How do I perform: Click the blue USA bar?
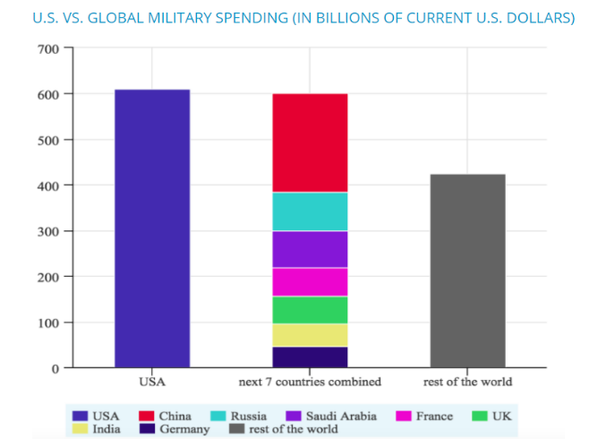coord(152,228)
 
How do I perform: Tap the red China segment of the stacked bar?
coord(310,142)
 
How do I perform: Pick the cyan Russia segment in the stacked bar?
coord(310,211)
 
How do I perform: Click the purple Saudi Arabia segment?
coord(310,249)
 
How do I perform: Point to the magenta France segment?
coord(310,281)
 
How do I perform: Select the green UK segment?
coord(310,309)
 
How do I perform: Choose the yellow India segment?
coord(310,335)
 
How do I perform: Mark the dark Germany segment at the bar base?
coord(310,357)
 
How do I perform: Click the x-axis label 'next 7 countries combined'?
coord(310,382)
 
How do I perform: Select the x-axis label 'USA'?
coord(152,382)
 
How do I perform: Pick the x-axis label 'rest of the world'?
coord(467,382)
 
